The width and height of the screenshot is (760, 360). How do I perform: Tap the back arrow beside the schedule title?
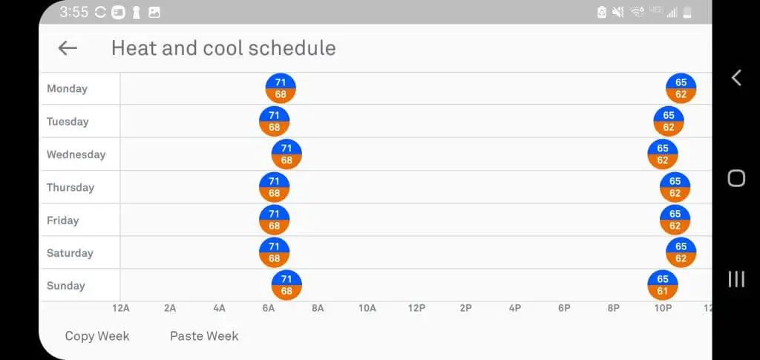[68, 48]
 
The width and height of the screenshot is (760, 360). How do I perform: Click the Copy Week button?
[97, 336]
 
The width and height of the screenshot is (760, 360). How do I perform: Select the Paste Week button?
[204, 336]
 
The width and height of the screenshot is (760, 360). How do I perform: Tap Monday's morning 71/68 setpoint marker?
[281, 88]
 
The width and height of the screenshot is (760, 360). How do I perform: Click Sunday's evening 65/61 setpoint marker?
[663, 286]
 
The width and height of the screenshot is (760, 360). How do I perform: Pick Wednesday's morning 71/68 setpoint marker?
[286, 154]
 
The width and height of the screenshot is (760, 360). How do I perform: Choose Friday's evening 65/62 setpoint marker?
[675, 220]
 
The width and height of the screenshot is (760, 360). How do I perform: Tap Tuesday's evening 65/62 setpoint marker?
[669, 121]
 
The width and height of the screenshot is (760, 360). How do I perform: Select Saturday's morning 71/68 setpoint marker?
[274, 253]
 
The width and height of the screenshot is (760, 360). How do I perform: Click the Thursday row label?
[71, 188]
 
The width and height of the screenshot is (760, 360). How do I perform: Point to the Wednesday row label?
[76, 155]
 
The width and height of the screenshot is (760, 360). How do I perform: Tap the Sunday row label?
[66, 286]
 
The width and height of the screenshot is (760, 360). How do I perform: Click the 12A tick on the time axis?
[121, 308]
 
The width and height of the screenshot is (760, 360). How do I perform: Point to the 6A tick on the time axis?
[269, 308]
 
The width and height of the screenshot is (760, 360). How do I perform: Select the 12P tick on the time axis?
[416, 308]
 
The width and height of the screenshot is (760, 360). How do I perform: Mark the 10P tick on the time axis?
[663, 308]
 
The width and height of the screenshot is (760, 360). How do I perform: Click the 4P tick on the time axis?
[515, 308]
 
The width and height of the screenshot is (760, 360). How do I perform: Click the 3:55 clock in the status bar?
[73, 12]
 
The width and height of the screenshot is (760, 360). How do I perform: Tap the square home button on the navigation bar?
[736, 178]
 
